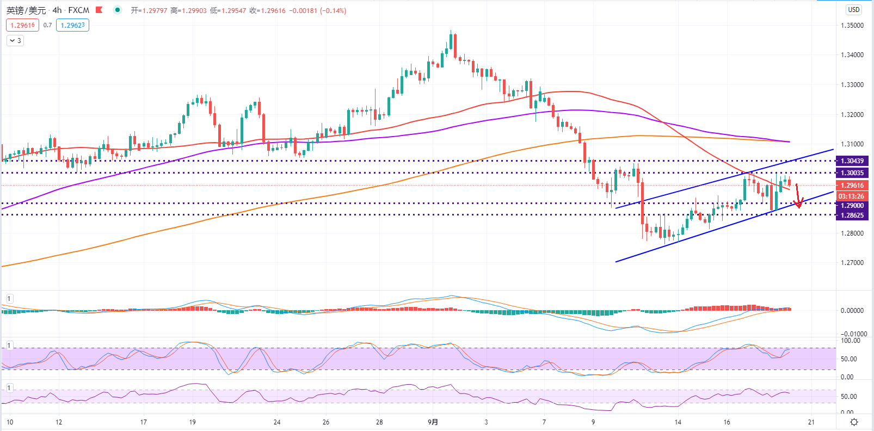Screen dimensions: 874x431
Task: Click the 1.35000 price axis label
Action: [852, 26]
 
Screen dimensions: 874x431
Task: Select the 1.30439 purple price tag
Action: [852, 161]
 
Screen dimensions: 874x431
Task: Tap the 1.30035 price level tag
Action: [852, 173]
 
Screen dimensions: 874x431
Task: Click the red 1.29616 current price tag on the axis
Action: [852, 185]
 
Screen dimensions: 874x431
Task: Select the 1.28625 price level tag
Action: [852, 215]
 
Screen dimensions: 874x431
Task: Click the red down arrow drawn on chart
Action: [798, 196]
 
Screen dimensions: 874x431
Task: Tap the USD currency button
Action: [854, 10]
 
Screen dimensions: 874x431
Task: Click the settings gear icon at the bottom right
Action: [854, 422]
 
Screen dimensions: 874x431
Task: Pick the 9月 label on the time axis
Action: [433, 422]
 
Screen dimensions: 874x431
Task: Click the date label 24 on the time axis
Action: [277, 422]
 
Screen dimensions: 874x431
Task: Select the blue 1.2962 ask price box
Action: [72, 26]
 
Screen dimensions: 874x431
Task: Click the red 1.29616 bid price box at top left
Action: [23, 26]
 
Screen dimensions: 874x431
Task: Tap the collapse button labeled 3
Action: [15, 41]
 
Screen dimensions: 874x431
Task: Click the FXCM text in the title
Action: [79, 10]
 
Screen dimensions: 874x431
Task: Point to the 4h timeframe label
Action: [57, 10]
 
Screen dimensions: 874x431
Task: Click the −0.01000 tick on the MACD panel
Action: [852, 334]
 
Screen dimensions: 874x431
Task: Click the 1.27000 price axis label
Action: [852, 262]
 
